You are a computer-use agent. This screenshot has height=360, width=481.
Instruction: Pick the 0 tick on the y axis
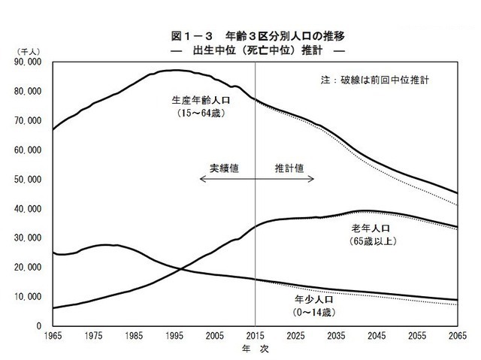38,326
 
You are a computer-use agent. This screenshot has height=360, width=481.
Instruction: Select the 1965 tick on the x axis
53,336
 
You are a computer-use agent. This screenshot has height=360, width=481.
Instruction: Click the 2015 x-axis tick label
256,336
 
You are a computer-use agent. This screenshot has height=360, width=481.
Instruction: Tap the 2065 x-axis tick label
458,336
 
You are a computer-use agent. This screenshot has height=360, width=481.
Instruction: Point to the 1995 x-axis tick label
174,336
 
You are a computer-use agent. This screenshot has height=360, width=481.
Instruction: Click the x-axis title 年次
255,349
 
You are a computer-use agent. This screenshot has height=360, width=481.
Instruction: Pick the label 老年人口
372,227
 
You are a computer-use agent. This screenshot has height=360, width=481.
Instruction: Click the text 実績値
223,168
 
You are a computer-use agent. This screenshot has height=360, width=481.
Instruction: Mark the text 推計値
289,168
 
